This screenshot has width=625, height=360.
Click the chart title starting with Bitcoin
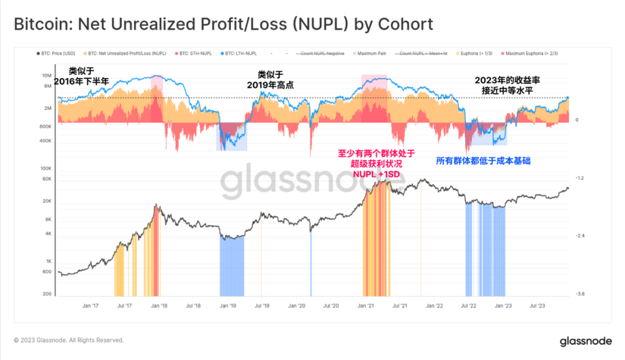click(x=223, y=24)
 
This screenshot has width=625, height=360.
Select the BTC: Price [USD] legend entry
click(x=56, y=53)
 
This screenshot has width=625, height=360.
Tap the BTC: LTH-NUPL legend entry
click(x=240, y=53)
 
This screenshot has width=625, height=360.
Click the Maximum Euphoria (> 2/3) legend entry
click(x=530, y=53)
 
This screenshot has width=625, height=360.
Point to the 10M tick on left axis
click(x=47, y=76)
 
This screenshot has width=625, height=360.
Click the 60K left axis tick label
click(x=46, y=179)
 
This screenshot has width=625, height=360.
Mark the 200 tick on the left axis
click(x=47, y=295)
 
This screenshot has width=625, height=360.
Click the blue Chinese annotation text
click(x=483, y=161)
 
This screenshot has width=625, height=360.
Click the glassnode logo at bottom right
click(x=585, y=341)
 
